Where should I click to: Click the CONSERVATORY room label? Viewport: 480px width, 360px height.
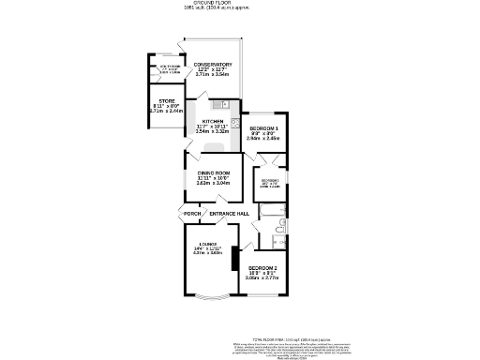[213, 65]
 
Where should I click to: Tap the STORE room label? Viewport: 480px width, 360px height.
[167, 100]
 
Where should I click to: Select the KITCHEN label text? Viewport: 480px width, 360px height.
[213, 122]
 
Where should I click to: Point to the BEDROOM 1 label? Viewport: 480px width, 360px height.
[263, 127]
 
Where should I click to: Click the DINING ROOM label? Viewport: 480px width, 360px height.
[214, 172]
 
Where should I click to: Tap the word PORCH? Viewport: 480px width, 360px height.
[192, 215]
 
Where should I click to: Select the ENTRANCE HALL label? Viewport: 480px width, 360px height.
[229, 215]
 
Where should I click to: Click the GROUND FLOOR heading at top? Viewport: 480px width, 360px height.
[213, 4]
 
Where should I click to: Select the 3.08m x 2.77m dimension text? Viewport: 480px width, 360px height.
[262, 278]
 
